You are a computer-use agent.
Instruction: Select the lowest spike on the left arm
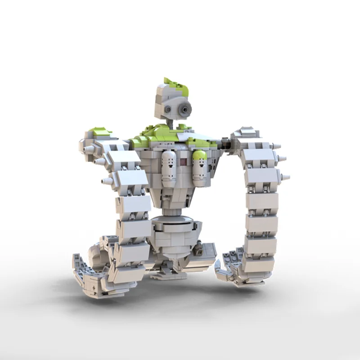(107, 181)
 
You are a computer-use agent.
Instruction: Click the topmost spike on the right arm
(276, 146)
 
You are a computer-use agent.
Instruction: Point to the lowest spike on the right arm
(284, 176)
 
